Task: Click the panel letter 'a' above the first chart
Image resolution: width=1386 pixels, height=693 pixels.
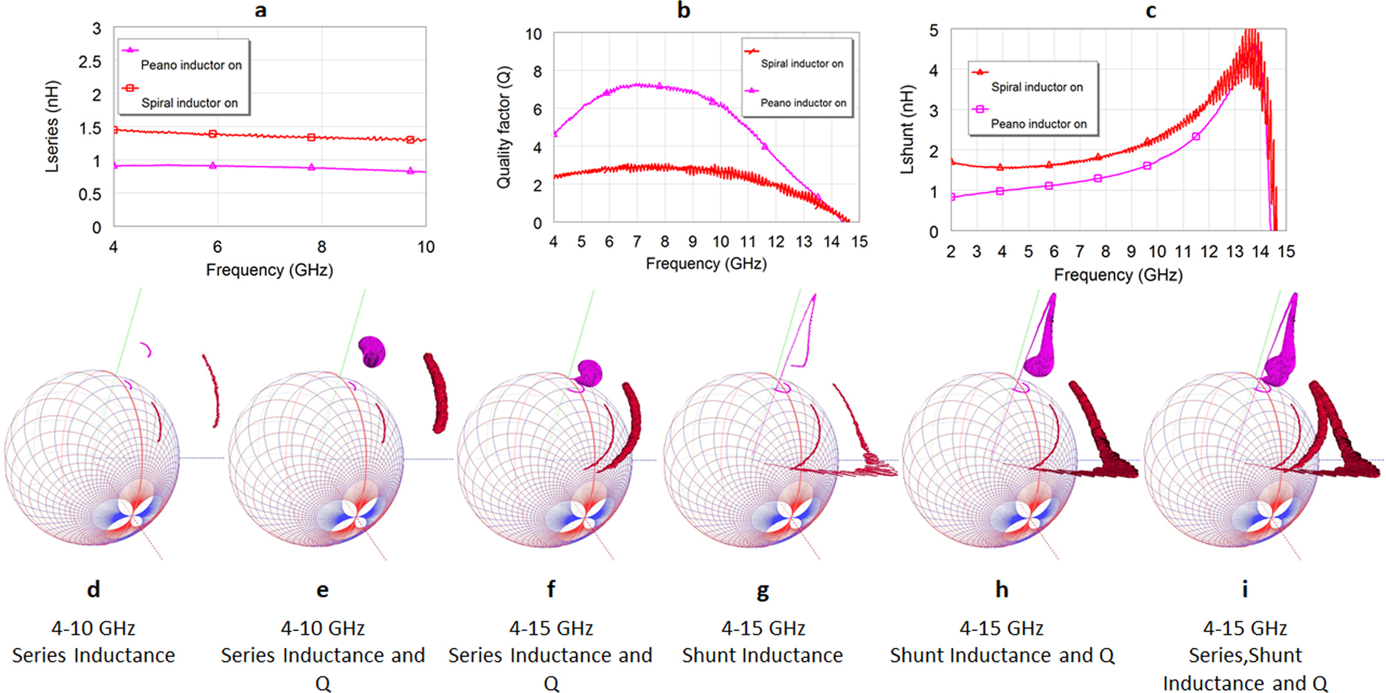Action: click(261, 10)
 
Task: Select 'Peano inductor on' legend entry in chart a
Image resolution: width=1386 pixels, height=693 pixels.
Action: click(191, 65)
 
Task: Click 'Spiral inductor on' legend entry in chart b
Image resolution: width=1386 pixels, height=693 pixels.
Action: click(802, 63)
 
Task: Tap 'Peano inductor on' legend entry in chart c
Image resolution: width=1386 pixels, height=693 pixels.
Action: click(1039, 124)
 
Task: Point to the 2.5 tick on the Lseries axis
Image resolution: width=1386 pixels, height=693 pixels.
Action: click(90, 62)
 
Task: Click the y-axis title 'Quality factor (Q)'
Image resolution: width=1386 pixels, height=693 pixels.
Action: click(504, 127)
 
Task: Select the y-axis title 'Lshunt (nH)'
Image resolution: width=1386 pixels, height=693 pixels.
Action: click(907, 129)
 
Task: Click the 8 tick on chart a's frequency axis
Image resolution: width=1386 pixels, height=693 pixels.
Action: click(322, 247)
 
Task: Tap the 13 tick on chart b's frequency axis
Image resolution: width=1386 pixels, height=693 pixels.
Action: click(804, 242)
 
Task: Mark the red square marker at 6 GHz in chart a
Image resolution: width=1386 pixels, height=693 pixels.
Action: click(213, 133)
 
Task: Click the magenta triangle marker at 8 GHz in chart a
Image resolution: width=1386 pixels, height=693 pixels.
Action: click(311, 168)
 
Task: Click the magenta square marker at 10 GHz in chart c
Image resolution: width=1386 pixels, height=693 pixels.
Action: click(1147, 165)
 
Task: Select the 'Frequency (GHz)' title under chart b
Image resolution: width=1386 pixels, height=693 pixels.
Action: click(706, 263)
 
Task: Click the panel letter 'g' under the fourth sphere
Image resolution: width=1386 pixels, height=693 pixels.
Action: click(763, 591)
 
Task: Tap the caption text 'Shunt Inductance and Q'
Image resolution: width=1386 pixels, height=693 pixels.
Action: click(1002, 655)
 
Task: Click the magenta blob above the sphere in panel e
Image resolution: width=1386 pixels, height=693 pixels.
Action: click(372, 351)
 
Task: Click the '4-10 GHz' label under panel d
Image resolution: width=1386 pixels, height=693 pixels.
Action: click(93, 628)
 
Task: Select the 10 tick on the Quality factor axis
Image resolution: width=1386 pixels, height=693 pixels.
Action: click(534, 34)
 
